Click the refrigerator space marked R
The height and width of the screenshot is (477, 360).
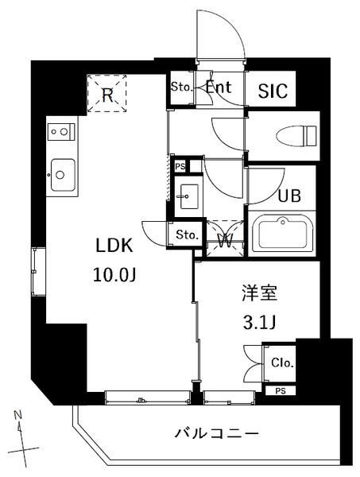106,93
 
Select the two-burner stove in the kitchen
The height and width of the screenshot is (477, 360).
61,130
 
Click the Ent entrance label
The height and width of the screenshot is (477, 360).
219,88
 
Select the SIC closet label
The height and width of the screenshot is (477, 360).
273,90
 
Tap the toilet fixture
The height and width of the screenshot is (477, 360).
286,138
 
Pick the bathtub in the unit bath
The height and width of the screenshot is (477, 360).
285,233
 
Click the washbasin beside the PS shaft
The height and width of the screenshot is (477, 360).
189,193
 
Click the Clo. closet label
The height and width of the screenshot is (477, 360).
282,364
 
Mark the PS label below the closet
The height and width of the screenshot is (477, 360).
280,391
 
